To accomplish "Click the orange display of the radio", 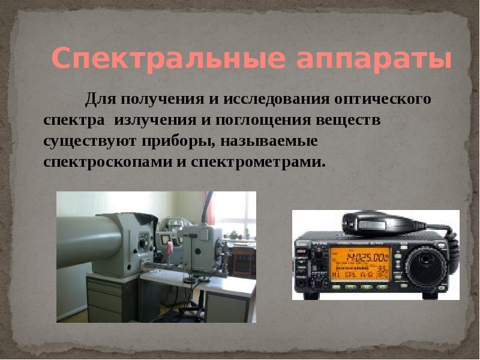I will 359,262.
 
